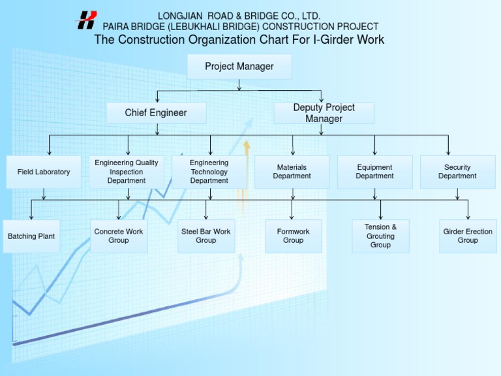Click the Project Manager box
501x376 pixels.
(239, 67)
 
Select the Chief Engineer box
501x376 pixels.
(156, 113)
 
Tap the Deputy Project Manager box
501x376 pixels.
(324, 113)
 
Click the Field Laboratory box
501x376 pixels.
(44, 172)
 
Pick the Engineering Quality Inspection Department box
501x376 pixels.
(127, 172)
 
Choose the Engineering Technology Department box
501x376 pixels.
(209, 172)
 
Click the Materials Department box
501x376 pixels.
(292, 172)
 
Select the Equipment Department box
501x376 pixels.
(374, 172)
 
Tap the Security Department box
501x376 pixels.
(457, 172)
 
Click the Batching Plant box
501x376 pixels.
(31, 236)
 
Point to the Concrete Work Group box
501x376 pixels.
(119, 236)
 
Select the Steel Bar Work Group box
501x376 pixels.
(206, 236)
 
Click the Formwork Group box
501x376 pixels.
(293, 236)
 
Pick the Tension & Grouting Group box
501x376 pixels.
(380, 236)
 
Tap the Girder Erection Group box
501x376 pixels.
(468, 236)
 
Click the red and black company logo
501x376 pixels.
(87, 20)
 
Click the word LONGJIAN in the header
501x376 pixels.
(180, 16)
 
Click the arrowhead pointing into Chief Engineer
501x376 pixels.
(157, 99)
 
